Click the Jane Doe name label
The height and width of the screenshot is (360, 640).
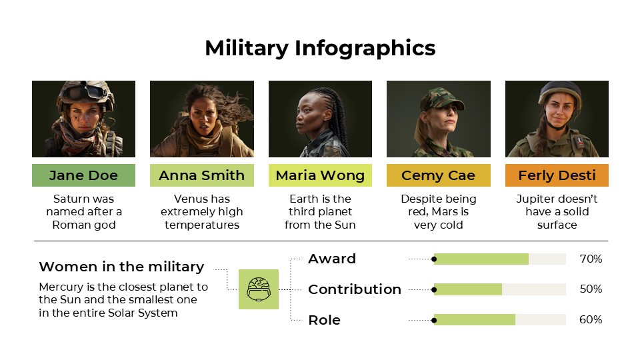[x=83, y=175]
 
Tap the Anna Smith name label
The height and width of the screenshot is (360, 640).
[x=202, y=175]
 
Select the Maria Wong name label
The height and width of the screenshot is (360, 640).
[x=320, y=175]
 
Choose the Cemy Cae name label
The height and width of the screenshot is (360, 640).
[x=438, y=175]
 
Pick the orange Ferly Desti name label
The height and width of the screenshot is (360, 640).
[x=557, y=175]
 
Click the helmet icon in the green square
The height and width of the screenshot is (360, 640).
[x=258, y=289]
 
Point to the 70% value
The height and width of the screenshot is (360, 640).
[x=591, y=259]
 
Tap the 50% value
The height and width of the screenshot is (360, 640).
[x=591, y=289]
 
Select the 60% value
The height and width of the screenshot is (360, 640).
[x=591, y=320]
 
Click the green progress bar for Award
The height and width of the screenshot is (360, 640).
[x=481, y=259]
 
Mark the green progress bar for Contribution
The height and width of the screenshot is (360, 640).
[x=468, y=289]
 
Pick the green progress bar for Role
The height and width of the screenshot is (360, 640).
[x=475, y=320]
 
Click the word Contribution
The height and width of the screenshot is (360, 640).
[x=355, y=289]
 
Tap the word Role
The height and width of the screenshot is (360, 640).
[x=324, y=320]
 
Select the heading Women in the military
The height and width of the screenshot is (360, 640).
[x=121, y=267]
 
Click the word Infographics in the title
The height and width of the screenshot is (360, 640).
[x=365, y=48]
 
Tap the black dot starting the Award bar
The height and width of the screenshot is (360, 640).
[x=434, y=259]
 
